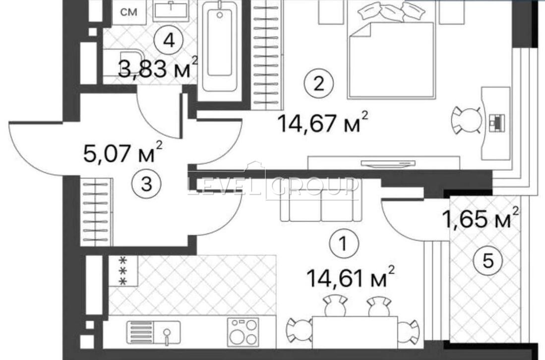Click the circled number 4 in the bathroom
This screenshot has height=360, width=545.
[169, 41]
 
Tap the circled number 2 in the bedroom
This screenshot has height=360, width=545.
[318, 83]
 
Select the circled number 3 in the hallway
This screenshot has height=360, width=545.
[147, 184]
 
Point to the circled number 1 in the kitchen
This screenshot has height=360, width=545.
[343, 243]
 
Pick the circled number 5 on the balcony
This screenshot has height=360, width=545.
[488, 261]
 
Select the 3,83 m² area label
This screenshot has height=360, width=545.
[158, 68]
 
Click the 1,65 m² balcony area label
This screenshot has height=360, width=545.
[481, 219]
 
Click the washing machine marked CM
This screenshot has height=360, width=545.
[129, 12]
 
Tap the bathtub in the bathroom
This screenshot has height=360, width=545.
[220, 47]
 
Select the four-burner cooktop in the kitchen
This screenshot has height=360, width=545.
[243, 332]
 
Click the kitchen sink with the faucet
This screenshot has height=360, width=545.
[154, 333]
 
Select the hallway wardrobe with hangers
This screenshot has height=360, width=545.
[96, 212]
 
